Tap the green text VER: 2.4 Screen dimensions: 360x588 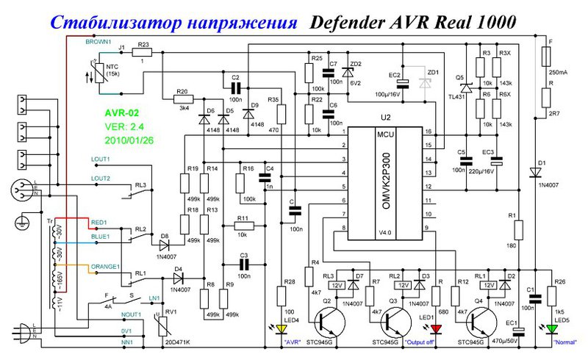121,126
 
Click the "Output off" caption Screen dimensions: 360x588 404,342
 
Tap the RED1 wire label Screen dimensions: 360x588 99,220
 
